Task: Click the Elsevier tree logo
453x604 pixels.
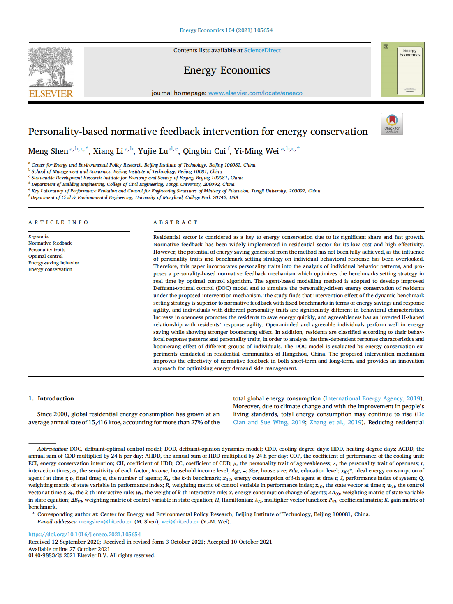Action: click(51, 67)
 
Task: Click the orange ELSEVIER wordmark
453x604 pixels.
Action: click(51, 94)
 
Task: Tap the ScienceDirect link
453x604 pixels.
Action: click(262, 50)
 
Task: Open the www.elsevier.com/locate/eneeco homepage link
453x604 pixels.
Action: click(255, 93)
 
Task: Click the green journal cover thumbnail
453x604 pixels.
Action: click(402, 69)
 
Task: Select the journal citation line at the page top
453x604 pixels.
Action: click(226, 30)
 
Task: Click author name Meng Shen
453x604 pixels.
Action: click(48, 151)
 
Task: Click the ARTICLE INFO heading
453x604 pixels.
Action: click(58, 222)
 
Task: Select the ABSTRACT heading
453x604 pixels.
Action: click(176, 222)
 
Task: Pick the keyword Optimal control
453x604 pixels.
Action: click(46, 256)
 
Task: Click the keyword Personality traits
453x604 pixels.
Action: click(47, 250)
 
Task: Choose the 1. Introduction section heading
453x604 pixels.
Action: click(51, 398)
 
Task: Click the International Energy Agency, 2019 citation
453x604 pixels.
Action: click(373, 398)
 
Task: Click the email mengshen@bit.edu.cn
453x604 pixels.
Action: click(106, 521)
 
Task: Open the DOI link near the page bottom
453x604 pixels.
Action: click(84, 535)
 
